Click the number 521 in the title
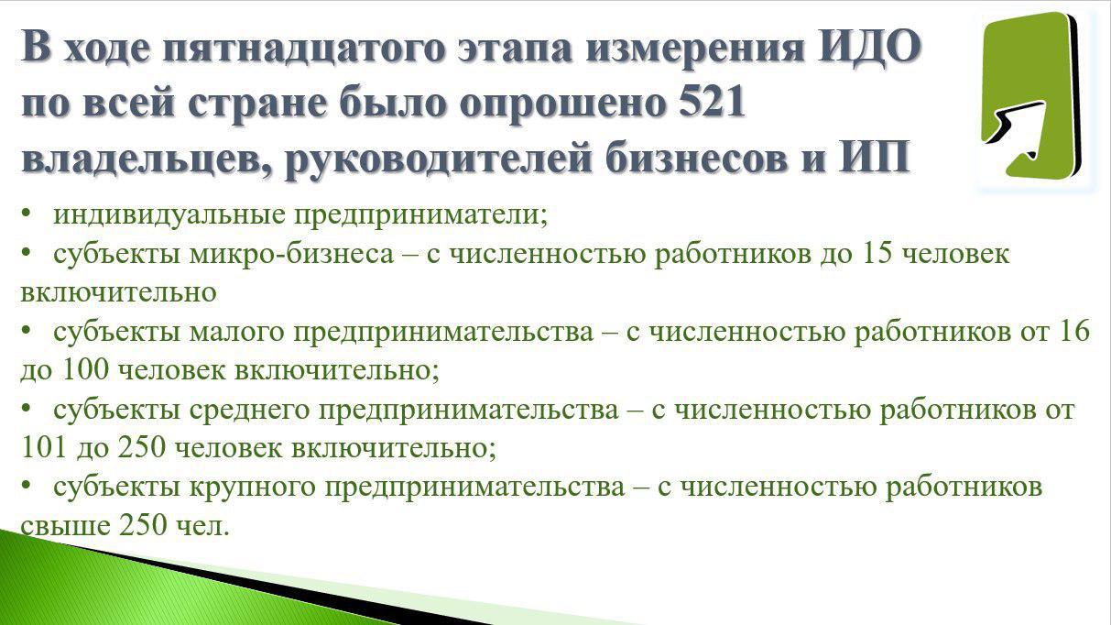708,103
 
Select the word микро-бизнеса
291,254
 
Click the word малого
236,332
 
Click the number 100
86,369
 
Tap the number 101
44,447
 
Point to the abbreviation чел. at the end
203,525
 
